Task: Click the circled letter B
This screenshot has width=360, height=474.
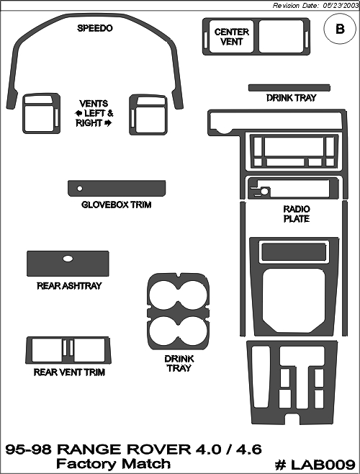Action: [340, 29]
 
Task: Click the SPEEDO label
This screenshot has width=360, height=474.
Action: [94, 28]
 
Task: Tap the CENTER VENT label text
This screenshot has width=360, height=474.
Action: [232, 37]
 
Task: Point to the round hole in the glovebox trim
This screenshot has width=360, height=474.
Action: [80, 189]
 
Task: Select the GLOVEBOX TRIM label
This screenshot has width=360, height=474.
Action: [117, 205]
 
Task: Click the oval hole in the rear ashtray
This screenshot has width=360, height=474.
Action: [68, 259]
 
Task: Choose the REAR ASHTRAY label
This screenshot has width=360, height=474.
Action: [69, 286]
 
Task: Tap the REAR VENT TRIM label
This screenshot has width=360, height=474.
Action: [69, 372]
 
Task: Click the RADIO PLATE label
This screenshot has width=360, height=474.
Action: [297, 214]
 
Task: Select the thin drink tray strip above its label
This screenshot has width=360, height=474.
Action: [289, 88]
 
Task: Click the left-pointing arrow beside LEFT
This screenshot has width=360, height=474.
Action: [78, 113]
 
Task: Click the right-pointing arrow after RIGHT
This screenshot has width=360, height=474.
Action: [108, 123]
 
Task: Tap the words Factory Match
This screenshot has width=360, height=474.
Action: [113, 463]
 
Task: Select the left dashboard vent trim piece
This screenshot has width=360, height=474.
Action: [42, 113]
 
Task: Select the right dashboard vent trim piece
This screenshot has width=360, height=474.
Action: [148, 115]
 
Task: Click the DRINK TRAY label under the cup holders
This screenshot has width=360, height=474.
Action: [179, 363]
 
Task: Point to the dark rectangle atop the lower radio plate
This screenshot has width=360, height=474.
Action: [294, 251]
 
